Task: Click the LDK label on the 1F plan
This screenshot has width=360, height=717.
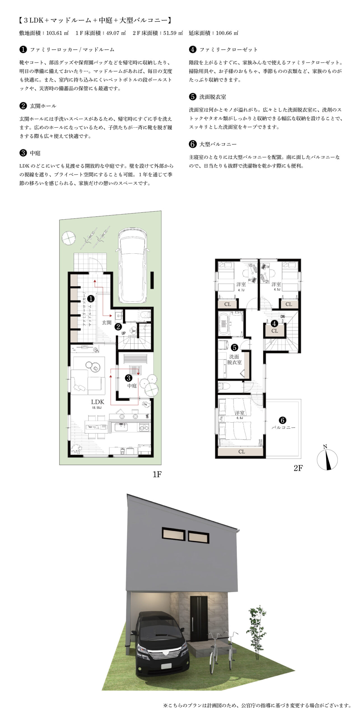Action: pos(97,402)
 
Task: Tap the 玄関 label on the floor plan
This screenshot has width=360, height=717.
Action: pos(107,323)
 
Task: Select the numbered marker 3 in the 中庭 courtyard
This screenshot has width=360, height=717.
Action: pos(129,378)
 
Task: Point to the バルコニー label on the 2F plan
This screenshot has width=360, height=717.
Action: pos(283,428)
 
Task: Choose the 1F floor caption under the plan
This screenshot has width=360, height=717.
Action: pos(157,474)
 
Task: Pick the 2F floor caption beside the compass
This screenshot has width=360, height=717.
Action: pos(298,468)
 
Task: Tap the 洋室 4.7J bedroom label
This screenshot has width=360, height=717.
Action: pos(241,286)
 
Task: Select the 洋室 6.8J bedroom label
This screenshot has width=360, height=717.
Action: pos(240,415)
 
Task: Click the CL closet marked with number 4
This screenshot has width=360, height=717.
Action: pos(275,331)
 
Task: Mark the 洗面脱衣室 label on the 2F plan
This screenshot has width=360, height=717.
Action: pos(234,359)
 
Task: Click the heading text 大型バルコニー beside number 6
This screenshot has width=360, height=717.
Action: pos(218,144)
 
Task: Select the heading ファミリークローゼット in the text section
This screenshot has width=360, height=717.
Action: pos(229,50)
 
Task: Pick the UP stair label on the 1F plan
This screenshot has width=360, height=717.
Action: pos(124,333)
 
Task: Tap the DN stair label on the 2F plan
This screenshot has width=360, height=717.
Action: pos(283,316)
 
